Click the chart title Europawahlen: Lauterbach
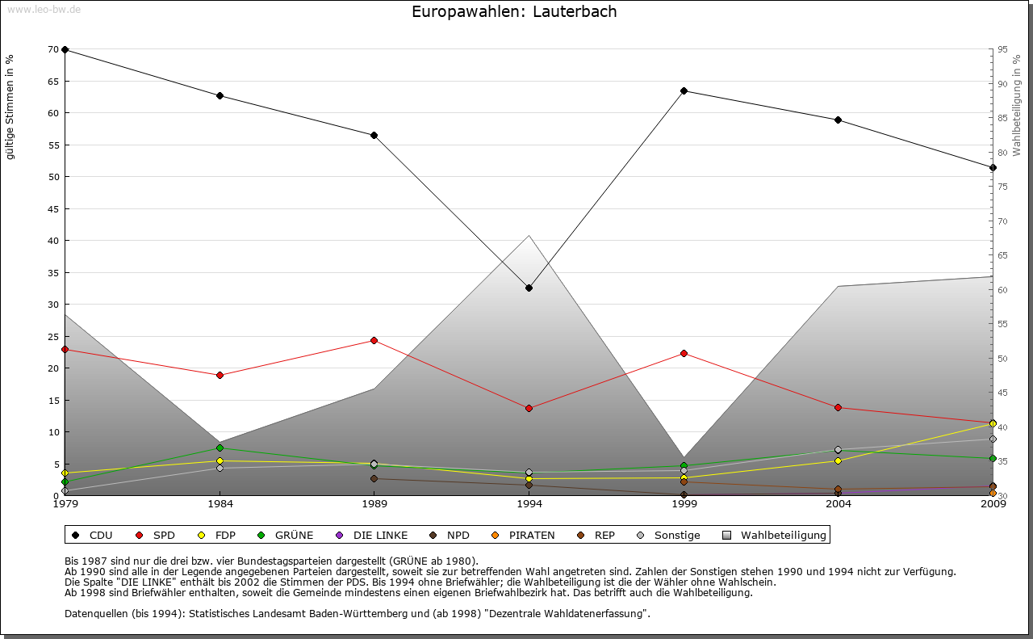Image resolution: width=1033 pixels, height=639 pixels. pyautogui.click(x=514, y=11)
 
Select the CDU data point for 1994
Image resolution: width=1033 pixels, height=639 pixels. pyautogui.click(x=529, y=288)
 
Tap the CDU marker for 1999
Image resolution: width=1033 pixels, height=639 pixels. pyautogui.click(x=684, y=90)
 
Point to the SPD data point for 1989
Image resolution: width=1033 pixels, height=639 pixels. pyautogui.click(x=374, y=340)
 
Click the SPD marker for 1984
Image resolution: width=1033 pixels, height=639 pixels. pyautogui.click(x=220, y=375)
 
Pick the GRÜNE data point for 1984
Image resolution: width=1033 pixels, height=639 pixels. pyautogui.click(x=220, y=448)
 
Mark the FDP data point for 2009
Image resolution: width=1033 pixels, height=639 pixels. pyautogui.click(x=993, y=423)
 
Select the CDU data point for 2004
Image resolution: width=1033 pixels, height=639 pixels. pyautogui.click(x=839, y=120)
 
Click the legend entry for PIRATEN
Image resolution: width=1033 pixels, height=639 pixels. pyautogui.click(x=525, y=535)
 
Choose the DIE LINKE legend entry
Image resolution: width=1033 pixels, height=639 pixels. pyautogui.click(x=373, y=535)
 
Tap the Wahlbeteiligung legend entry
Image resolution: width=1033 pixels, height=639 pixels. pyautogui.click(x=776, y=535)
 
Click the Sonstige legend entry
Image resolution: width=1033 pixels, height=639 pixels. pyautogui.click(x=670, y=535)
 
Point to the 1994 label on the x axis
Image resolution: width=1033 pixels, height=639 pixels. pyautogui.click(x=529, y=505)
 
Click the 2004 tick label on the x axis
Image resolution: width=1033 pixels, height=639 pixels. pyautogui.click(x=839, y=505)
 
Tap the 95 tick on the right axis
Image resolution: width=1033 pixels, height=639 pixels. pyautogui.click(x=1002, y=49)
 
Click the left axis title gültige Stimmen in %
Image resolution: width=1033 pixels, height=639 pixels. pyautogui.click(x=10, y=107)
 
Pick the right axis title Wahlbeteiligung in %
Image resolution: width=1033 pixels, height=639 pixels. pyautogui.click(x=1017, y=105)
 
